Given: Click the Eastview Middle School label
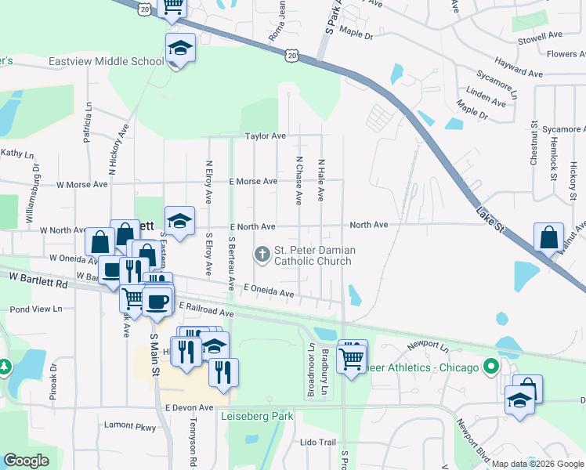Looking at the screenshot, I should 107,61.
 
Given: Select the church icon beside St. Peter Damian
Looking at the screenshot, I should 261,253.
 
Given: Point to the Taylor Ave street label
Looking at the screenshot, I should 265,136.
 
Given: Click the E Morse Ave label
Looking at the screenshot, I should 252,181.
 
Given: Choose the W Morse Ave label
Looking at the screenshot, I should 81,185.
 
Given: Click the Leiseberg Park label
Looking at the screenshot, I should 256,416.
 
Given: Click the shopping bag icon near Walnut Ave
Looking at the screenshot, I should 548,237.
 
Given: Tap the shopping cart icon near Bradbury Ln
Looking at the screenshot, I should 352,358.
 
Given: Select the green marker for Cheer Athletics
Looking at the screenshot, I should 491,367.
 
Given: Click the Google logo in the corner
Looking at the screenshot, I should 26,461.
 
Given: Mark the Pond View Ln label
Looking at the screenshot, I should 36,309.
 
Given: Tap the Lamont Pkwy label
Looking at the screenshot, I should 130,426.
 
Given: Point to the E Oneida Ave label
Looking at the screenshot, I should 268,291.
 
